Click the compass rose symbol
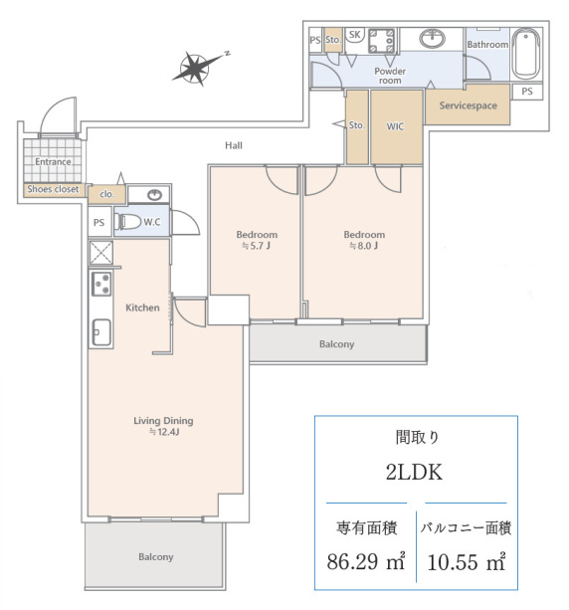point(195,69)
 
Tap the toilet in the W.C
point(127,222)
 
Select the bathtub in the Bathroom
point(525,54)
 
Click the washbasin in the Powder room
point(432,38)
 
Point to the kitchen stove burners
point(101,284)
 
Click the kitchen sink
point(101,332)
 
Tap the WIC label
point(395,126)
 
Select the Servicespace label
point(468,105)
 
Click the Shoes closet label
point(53,189)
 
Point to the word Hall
point(234,145)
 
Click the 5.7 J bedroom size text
point(256,246)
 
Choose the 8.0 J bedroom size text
point(364,246)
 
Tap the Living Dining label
point(163,421)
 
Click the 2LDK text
point(414,473)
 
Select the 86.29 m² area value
point(366,561)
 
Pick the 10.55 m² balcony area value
point(467,561)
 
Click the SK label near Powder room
point(354,35)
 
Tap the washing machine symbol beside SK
point(381,41)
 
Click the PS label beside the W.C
point(98,223)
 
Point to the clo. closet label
point(107,194)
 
